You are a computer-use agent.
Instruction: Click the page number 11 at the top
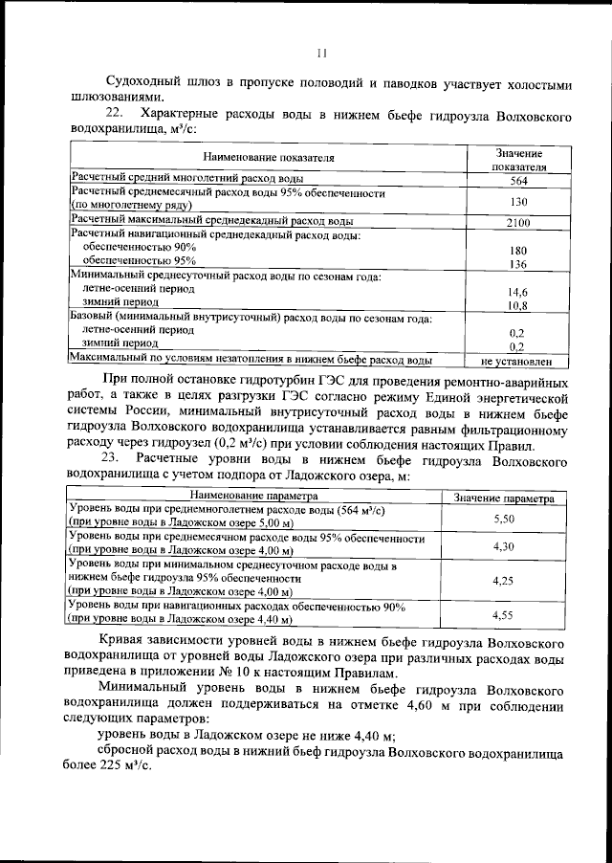click(x=322, y=54)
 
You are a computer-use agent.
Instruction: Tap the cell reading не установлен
click(x=517, y=362)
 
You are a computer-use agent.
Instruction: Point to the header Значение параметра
click(x=504, y=498)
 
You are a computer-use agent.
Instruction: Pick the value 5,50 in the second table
click(x=504, y=518)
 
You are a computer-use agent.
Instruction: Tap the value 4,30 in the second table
click(x=504, y=545)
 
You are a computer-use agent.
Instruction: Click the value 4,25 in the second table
click(x=504, y=580)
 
